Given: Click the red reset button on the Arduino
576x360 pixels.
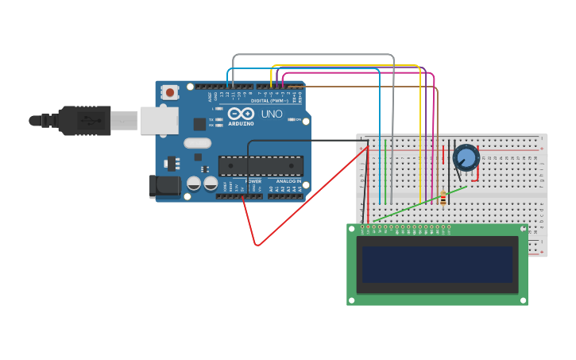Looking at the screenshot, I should coord(170,92).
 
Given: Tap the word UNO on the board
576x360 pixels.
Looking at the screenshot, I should coord(272,114).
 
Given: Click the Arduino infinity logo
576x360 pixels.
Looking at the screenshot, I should coord(241,114).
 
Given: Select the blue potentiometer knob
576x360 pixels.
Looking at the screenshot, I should coord(466,157).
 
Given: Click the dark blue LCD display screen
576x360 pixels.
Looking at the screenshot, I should coord(437,264).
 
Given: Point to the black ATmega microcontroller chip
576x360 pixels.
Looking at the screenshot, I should coord(261,165).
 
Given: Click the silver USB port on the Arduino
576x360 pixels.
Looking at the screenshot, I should coord(159,120).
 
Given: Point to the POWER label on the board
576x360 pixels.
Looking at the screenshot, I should coord(253,181).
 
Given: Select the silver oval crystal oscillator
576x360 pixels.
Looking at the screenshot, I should coord(197,143).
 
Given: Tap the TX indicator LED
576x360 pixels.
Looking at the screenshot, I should coord(218,119).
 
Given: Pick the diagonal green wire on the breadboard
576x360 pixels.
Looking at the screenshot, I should coord(419,203).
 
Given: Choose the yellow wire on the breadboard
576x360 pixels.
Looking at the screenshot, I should coord(419,159).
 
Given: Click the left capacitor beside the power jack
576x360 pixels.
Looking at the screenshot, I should coord(193,184).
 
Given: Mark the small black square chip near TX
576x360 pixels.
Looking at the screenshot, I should coord(199,124).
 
